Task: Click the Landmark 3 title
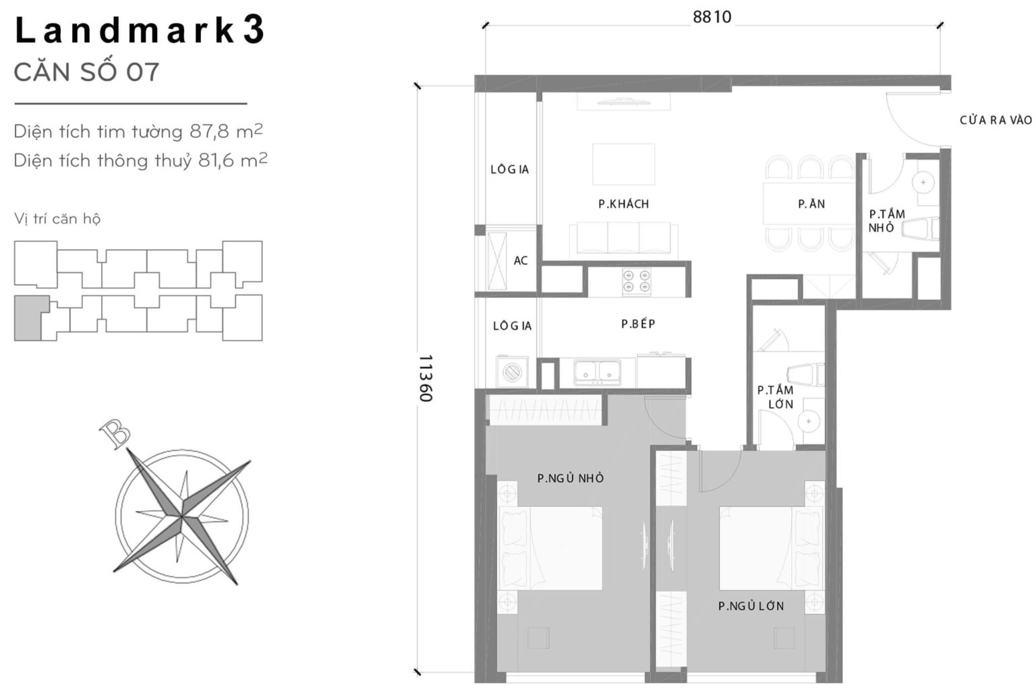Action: pos(140,31)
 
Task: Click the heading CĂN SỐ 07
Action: pos(86,72)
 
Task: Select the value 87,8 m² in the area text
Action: pos(225,131)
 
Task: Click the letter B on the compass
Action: pos(114,434)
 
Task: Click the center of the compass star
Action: pos(181,517)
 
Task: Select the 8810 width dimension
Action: pos(712,17)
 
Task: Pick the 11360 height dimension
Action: pos(425,378)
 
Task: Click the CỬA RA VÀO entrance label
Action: pos(996,120)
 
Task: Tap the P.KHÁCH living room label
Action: pos(623,204)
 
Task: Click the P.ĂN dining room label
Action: pos(811,204)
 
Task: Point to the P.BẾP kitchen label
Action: pos(638,324)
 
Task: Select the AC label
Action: pos(521,260)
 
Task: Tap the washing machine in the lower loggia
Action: pos(511,372)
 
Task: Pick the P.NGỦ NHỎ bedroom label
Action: pos(571,478)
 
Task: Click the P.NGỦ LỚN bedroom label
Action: pos(751,606)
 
